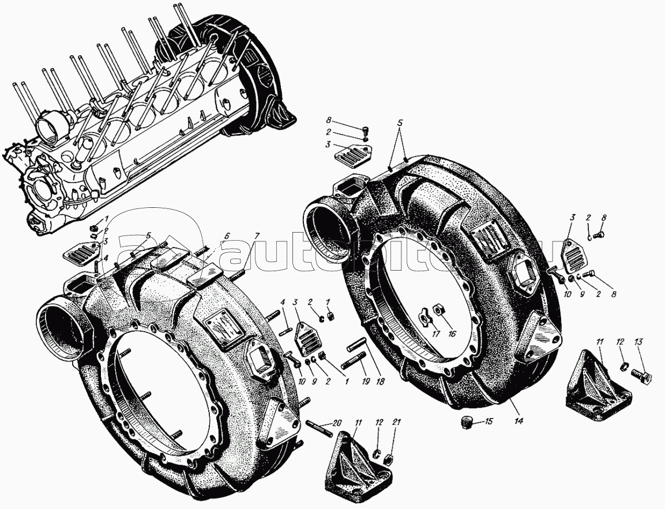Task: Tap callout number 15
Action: [x=489, y=421]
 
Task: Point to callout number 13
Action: [x=638, y=343]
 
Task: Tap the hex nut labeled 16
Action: [x=438, y=310]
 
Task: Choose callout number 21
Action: [x=395, y=423]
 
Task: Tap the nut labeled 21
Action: [x=389, y=459]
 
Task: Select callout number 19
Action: [x=366, y=381]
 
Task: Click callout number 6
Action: [x=227, y=236]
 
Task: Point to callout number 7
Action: [x=257, y=236]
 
